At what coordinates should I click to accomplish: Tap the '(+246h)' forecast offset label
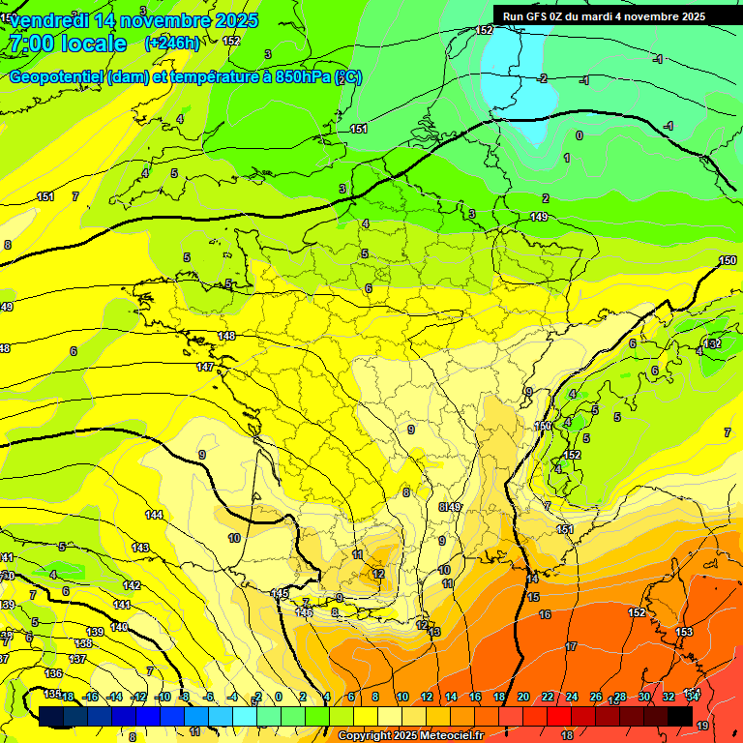(172, 43)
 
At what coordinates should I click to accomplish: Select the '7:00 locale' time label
(67, 44)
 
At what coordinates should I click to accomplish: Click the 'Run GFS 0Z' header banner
(604, 16)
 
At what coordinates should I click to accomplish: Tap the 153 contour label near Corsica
(684, 632)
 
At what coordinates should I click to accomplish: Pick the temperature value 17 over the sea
(571, 646)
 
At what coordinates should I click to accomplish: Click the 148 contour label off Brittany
(226, 336)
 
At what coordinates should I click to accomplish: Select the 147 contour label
(205, 367)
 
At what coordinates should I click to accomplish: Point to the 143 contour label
(140, 548)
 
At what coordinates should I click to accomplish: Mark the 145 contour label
(281, 593)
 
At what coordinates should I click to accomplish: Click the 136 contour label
(53, 673)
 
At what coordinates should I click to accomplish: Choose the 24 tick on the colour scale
(572, 697)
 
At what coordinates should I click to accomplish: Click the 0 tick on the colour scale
(279, 697)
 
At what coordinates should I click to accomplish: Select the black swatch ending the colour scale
(680, 716)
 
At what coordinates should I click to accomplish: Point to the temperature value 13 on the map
(435, 632)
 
